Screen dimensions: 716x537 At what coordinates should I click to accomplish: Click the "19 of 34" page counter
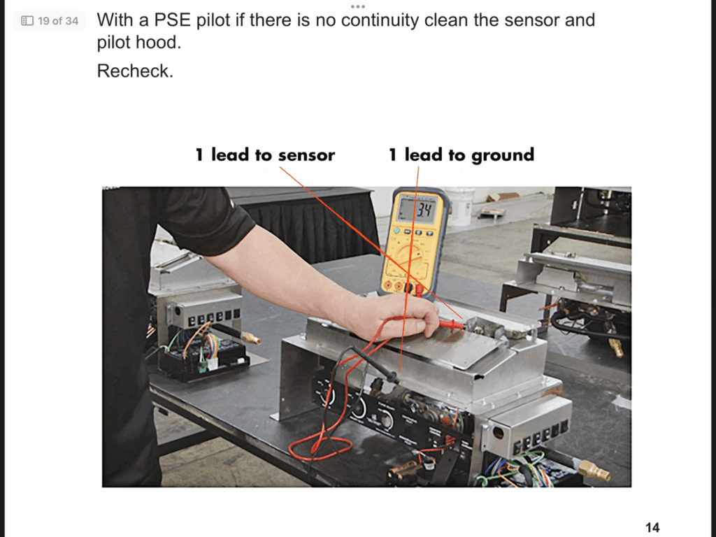[50, 21]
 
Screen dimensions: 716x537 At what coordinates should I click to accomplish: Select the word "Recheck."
[135, 71]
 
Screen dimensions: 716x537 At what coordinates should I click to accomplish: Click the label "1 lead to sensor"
[265, 155]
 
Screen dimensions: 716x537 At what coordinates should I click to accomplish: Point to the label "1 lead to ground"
[461, 155]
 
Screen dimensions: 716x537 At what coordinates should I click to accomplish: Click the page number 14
[652, 527]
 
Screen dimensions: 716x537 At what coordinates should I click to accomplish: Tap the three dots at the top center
[357, 6]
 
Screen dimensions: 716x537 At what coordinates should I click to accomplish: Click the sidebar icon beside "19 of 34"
[27, 21]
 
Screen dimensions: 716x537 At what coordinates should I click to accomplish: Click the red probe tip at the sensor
[458, 325]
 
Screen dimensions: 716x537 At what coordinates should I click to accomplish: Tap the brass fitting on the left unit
[250, 338]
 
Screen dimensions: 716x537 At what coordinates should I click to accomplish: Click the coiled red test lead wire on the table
[320, 447]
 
